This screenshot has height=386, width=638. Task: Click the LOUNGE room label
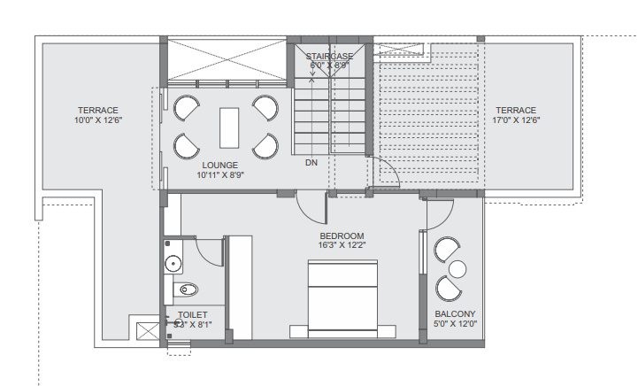click(220, 165)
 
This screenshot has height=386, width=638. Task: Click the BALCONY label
click(455, 314)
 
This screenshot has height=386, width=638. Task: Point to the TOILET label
click(192, 314)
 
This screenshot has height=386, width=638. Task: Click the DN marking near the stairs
click(311, 163)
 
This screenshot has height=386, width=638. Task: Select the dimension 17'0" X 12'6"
click(516, 120)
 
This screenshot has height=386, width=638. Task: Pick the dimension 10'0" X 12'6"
click(97, 120)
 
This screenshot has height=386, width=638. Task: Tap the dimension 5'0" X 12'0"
click(455, 324)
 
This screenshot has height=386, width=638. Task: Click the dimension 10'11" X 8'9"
click(220, 174)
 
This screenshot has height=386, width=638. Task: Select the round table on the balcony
click(457, 268)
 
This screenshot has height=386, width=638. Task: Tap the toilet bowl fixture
click(188, 289)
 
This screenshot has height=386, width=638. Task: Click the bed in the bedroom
click(342, 297)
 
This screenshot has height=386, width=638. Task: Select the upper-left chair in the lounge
click(187, 109)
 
